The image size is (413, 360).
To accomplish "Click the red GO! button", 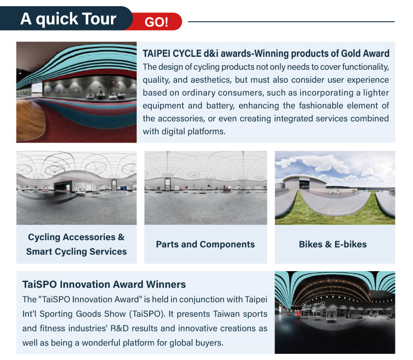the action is [x=157, y=22].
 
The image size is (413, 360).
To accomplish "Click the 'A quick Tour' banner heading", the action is [x=68, y=19].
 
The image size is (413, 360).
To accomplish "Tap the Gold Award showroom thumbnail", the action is [x=76, y=92].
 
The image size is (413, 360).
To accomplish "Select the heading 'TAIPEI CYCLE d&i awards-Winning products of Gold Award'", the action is [x=266, y=54].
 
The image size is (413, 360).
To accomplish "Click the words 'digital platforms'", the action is [x=193, y=131].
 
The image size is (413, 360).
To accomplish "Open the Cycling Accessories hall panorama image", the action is [x=76, y=187].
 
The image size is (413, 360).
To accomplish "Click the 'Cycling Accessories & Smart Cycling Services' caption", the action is [x=76, y=244].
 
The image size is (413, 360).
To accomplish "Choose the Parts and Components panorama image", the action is [x=205, y=187].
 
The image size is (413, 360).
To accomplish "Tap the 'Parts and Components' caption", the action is [x=205, y=244].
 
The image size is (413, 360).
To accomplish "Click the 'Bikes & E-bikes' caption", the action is [x=332, y=244].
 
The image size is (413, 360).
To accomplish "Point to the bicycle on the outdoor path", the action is [x=334, y=192].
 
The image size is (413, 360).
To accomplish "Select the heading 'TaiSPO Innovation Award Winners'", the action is [x=104, y=285].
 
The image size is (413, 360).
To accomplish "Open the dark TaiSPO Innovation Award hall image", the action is [x=335, y=312].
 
